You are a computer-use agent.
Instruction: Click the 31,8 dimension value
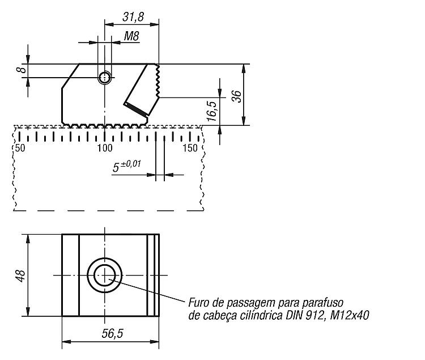(x=133, y=17)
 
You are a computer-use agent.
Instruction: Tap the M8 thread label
(x=131, y=36)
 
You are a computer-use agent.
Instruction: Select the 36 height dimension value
(x=237, y=96)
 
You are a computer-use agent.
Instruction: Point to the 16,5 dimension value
(x=212, y=111)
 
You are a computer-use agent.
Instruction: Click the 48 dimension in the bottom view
(x=21, y=276)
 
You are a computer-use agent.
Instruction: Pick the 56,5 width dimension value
(x=113, y=333)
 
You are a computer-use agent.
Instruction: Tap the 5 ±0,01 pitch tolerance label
(x=126, y=166)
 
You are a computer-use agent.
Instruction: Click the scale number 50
(x=20, y=148)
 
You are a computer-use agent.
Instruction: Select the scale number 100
(x=105, y=148)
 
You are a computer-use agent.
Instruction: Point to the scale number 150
(x=190, y=148)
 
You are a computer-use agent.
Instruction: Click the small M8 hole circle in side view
(x=105, y=78)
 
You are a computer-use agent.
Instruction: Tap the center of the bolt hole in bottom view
(x=105, y=276)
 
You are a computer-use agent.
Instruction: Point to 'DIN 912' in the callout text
(x=305, y=315)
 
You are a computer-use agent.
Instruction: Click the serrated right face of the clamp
(x=157, y=81)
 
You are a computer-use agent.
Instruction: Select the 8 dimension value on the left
(x=22, y=70)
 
